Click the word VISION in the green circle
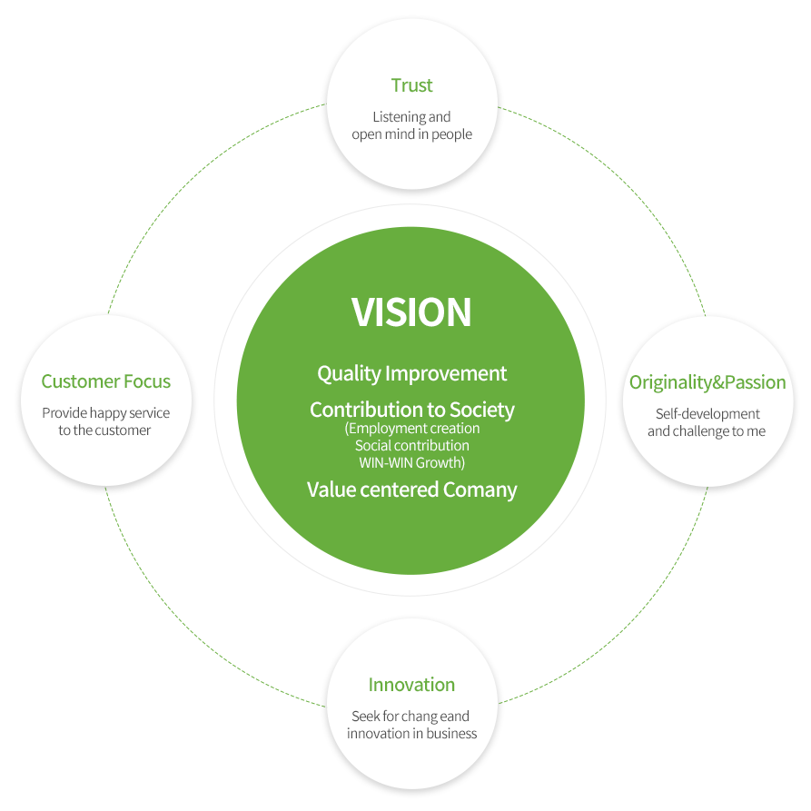(411, 312)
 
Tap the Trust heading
(411, 85)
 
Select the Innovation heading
(411, 685)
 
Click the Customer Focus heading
(105, 381)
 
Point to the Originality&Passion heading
(707, 382)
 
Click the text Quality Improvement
(411, 373)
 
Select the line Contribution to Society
(411, 410)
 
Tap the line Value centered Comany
(411, 490)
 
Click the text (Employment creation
(411, 429)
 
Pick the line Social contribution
(411, 446)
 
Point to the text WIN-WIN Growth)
(411, 462)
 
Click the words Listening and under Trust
(411, 117)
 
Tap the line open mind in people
(411, 134)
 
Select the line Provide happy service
(105, 413)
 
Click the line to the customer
(105, 430)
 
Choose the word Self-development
(707, 414)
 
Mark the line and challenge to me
(707, 431)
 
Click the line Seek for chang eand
(411, 717)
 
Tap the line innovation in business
(411, 734)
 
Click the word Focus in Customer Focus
(147, 381)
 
